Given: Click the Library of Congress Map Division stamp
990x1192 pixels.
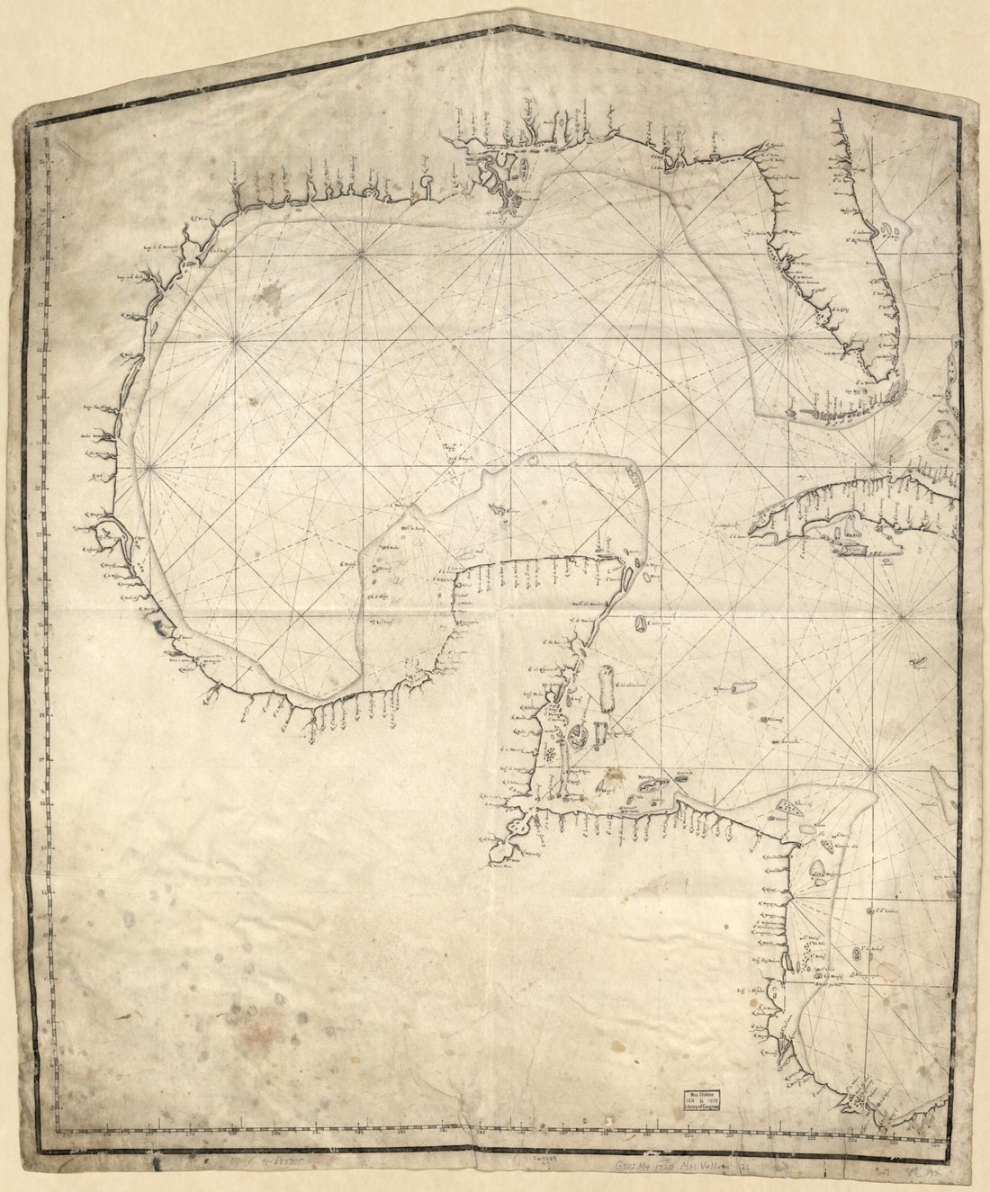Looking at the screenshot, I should [x=702, y=1105].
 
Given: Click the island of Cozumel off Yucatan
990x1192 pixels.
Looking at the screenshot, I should [x=641, y=623].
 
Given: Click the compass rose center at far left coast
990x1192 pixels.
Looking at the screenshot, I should [x=148, y=466].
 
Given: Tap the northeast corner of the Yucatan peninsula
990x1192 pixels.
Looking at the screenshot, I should [x=630, y=562].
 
